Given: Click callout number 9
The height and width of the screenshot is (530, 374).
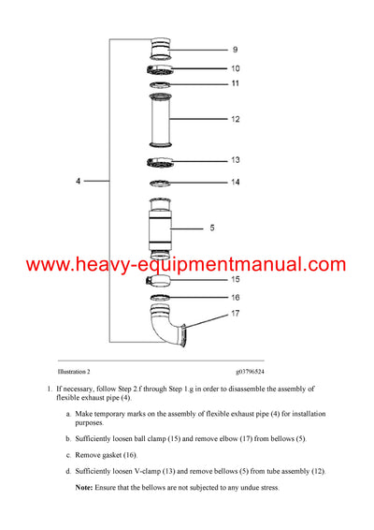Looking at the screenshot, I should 235,49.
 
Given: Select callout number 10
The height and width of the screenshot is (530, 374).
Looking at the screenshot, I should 235,68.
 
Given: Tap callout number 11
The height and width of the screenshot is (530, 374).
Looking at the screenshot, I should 235,84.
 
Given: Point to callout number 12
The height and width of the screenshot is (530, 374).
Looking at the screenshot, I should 235,119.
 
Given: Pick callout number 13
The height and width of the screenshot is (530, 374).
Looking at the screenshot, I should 235,160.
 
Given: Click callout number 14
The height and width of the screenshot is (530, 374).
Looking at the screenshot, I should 235,182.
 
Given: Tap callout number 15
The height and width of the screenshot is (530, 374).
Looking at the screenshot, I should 235,279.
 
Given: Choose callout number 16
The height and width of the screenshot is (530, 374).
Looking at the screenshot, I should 235,297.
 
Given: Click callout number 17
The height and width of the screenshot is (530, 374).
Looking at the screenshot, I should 235,314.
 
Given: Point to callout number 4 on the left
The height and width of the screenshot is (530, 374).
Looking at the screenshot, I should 78,181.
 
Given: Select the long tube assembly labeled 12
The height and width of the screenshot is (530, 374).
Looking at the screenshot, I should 164,119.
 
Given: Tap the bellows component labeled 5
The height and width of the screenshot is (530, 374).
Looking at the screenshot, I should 164,228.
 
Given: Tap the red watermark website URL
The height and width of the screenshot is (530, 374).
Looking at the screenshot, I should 186,265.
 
